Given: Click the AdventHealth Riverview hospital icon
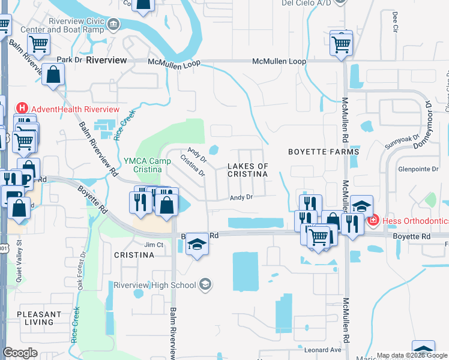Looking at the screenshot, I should coord(22,109).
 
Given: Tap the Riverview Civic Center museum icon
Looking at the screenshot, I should coord(113,25).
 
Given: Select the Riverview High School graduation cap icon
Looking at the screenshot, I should coord(205,284).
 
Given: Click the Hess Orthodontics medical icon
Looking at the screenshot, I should coord(373,221).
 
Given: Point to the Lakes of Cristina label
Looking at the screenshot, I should coord(248,169).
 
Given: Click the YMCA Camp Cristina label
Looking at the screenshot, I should coord(143,165).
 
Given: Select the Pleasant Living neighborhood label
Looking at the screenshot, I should coord(39,318).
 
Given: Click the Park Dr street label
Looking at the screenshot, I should coord(70,60).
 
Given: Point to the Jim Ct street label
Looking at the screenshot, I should coord(154,245).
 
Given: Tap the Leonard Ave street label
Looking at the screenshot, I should coord(322,350).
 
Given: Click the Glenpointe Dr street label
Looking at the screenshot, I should coord(418,169).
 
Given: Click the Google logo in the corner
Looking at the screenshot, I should coord(20,353).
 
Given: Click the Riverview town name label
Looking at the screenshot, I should coord(106,61).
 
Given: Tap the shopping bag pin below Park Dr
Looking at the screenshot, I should coord(53,76).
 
